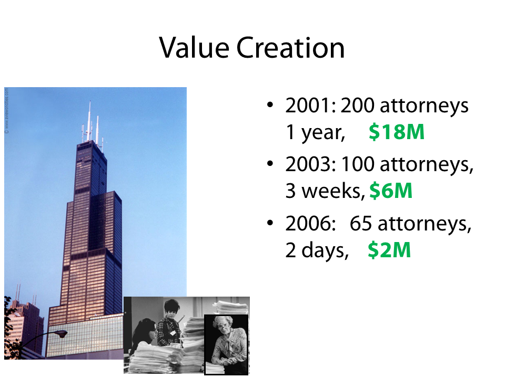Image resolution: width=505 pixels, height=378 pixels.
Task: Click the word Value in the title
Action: [194, 48]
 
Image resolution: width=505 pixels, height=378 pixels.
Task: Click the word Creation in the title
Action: [290, 48]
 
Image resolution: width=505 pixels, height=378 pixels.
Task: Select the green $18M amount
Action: [397, 132]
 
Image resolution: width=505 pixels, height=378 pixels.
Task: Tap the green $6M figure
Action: [391, 191]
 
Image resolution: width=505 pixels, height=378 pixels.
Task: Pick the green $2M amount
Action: [389, 250]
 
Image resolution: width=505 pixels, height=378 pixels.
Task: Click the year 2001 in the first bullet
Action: [309, 106]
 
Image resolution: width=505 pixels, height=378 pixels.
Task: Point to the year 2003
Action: [309, 164]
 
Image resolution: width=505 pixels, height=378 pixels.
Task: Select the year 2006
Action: [309, 223]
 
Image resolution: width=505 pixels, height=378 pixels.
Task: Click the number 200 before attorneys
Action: [358, 106]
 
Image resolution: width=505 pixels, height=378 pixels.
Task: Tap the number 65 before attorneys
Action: [361, 223]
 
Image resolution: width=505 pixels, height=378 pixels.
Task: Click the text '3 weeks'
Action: [324, 191]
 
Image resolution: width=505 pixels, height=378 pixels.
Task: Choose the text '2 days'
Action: [316, 250]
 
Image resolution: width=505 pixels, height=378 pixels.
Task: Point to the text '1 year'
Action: [315, 132]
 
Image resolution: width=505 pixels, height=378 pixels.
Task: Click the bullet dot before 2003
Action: [270, 164]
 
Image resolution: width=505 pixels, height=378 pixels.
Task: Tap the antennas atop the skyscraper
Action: [93, 124]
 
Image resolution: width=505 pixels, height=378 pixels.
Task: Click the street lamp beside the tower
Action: [60, 334]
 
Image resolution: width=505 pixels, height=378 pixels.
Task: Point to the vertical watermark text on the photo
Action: [7, 111]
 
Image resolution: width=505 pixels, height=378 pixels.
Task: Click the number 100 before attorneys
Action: [358, 164]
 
